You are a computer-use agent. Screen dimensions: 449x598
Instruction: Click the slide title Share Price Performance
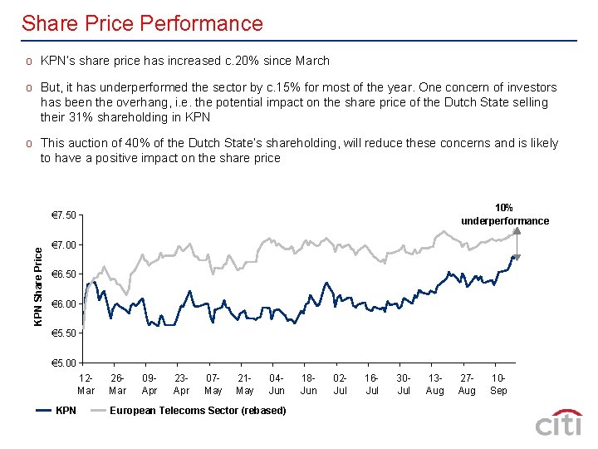pyautogui.click(x=142, y=23)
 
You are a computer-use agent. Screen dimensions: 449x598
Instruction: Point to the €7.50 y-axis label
pyautogui.click(x=64, y=216)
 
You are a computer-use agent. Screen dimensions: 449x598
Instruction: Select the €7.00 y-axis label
pyautogui.click(x=64, y=245)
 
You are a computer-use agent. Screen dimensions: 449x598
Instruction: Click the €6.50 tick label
pyautogui.click(x=64, y=274)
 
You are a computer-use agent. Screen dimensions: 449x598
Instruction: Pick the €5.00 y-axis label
pyautogui.click(x=64, y=363)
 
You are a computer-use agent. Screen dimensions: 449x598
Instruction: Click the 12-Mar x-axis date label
pyautogui.click(x=86, y=384)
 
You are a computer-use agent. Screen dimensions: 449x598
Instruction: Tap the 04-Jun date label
pyautogui.click(x=277, y=384)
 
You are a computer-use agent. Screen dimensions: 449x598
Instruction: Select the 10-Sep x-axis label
pyautogui.click(x=499, y=384)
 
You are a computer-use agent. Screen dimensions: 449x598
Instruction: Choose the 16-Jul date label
pyautogui.click(x=372, y=384)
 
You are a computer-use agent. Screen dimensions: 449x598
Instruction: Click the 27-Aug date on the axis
pyautogui.click(x=467, y=384)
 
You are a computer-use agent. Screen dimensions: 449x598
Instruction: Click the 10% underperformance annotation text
pyautogui.click(x=504, y=215)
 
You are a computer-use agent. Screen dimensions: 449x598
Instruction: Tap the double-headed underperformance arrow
pyautogui.click(x=517, y=242)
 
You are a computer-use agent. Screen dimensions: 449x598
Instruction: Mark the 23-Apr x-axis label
pyautogui.click(x=181, y=384)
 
